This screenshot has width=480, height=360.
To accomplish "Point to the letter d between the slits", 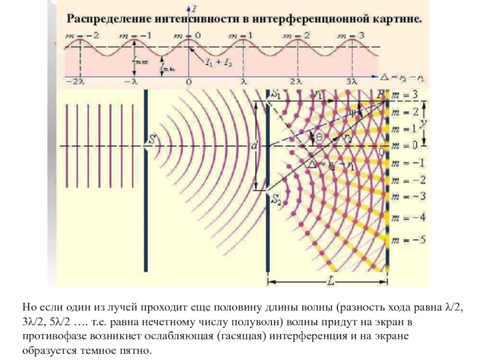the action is point(254,146).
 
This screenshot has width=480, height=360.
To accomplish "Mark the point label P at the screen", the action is point(379,94).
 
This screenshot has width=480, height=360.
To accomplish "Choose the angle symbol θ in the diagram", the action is point(320,137).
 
